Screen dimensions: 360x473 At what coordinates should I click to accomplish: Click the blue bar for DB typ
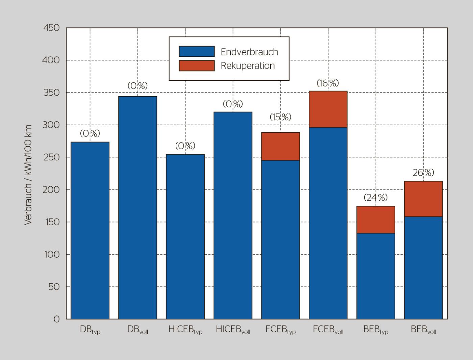[90, 230]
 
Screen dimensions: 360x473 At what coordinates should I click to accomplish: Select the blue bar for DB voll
[138, 208]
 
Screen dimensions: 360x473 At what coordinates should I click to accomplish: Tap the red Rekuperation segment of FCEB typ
[280, 146]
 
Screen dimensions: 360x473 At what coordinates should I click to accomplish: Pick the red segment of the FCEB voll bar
[328, 109]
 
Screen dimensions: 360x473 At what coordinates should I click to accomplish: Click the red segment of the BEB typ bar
[376, 220]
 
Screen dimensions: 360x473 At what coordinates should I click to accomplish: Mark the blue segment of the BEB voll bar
[423, 267]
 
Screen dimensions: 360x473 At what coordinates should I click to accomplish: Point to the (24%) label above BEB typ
[376, 198]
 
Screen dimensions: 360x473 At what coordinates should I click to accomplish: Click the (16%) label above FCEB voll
[328, 83]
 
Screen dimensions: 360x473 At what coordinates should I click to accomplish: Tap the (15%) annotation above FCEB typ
[280, 117]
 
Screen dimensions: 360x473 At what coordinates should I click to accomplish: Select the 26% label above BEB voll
[423, 173]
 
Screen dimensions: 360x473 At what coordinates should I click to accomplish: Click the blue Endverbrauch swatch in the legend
[197, 51]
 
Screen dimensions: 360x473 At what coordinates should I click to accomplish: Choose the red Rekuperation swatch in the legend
[197, 66]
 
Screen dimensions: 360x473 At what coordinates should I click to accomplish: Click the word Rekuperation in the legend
[248, 66]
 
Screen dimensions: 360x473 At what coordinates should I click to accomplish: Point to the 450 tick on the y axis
[51, 28]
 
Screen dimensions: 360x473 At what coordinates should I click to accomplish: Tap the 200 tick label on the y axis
[51, 189]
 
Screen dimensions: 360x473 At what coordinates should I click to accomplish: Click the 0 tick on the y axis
[56, 319]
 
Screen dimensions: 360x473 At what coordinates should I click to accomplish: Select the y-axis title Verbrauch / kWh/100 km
[28, 175]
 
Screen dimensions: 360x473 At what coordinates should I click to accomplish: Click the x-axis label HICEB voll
[233, 330]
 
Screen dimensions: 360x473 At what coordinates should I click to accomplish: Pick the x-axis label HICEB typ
[185, 330]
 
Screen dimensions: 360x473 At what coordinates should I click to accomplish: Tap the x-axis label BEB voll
[423, 330]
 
